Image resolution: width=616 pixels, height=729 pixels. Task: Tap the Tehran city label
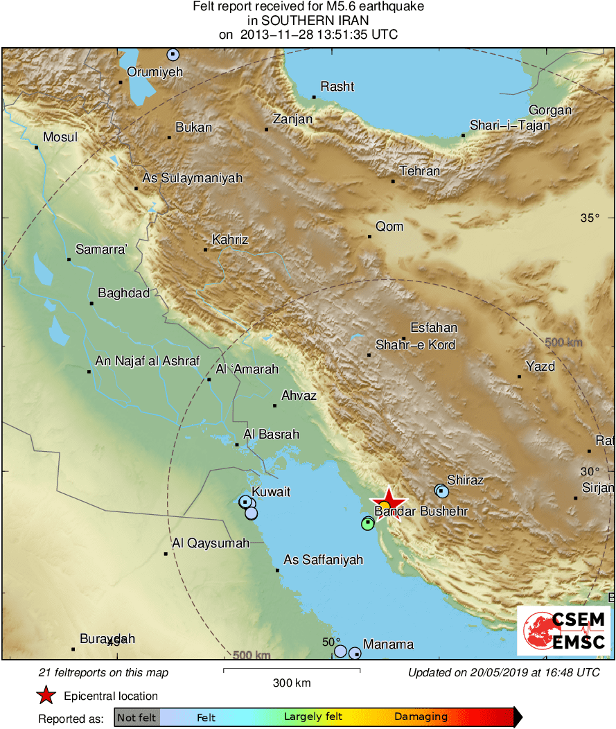click(x=419, y=172)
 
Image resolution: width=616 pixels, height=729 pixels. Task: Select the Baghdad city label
click(x=123, y=293)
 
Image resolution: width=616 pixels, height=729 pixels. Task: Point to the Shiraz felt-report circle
click(x=441, y=491)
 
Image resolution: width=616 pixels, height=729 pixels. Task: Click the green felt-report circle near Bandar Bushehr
click(x=368, y=524)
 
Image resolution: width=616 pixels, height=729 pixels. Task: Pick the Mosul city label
click(x=60, y=137)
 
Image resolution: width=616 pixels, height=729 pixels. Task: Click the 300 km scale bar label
click(x=291, y=683)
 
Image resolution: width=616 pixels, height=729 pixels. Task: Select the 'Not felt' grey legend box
click(x=137, y=717)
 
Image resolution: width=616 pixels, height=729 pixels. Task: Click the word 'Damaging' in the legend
click(x=421, y=717)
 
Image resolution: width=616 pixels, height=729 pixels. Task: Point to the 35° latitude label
click(x=590, y=218)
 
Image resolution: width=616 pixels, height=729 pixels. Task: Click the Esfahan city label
click(x=434, y=328)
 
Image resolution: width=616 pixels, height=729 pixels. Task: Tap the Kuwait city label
click(x=270, y=492)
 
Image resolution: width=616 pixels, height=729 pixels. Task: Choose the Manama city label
click(x=388, y=644)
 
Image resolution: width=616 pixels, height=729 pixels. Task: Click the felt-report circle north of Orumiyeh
click(x=173, y=54)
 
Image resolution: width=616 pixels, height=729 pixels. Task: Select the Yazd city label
click(x=540, y=366)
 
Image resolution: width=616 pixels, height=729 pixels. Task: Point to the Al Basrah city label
click(x=271, y=434)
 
